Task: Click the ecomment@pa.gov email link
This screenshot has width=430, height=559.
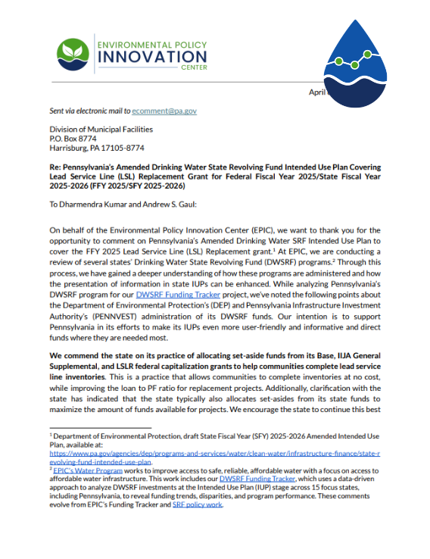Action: pyautogui.click(x=165, y=111)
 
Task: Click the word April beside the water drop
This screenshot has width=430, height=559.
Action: pyautogui.click(x=316, y=92)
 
